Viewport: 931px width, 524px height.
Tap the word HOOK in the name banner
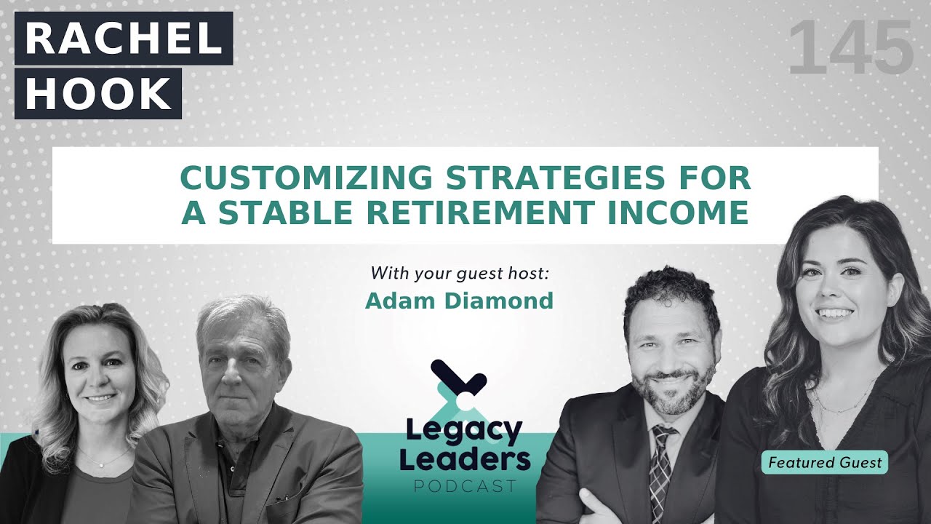98,93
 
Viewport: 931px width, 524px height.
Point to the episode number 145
850,49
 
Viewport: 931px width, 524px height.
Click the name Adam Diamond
459,301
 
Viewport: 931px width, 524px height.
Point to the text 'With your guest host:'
459,274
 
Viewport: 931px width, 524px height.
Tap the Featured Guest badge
825,462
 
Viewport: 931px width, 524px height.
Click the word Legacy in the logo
464,432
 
